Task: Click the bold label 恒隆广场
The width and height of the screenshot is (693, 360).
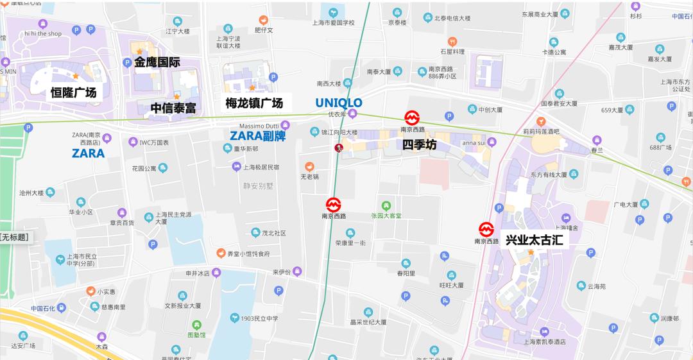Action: tap(74, 93)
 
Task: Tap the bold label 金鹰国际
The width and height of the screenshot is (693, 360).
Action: tap(157, 62)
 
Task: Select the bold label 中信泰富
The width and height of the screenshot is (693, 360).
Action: tap(173, 108)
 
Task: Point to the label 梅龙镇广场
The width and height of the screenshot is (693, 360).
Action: tap(254, 103)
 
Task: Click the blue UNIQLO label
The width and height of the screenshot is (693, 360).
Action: tap(339, 103)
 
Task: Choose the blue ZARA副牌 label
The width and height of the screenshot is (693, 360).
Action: tap(257, 135)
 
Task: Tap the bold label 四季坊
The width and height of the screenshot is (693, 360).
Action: tap(420, 146)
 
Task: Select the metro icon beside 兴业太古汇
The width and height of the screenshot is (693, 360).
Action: tap(486, 228)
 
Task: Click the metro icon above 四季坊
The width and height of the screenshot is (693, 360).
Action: tap(412, 117)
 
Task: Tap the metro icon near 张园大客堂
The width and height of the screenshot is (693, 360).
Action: tap(334, 205)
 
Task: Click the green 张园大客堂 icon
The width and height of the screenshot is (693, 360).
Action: tap(386, 205)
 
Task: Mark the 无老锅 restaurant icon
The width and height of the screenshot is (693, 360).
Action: tap(311, 166)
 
